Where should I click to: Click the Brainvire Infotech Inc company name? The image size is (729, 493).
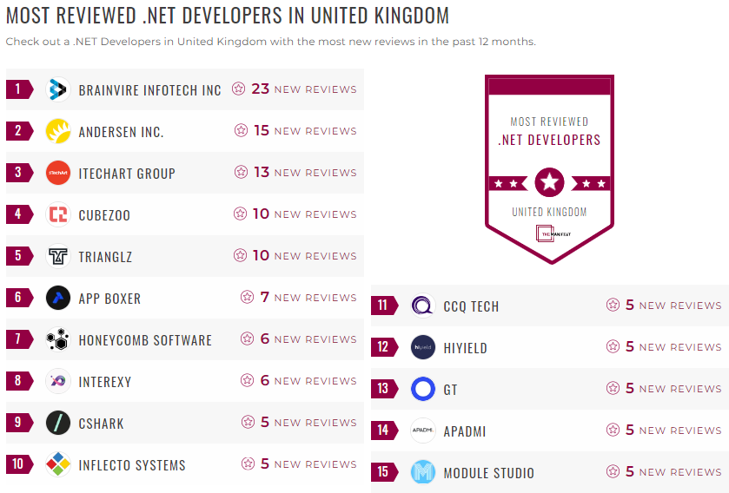(x=149, y=89)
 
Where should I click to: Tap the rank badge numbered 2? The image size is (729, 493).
(x=18, y=131)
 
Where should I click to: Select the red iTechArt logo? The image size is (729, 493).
(x=58, y=173)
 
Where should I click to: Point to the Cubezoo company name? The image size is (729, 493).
(x=104, y=214)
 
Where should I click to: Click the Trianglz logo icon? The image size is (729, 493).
(x=58, y=256)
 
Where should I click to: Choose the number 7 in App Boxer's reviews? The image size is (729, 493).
(x=265, y=298)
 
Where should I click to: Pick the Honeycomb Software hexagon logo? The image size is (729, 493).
(x=58, y=339)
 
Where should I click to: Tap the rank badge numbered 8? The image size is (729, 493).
(x=18, y=381)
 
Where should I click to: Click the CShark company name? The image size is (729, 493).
(x=101, y=423)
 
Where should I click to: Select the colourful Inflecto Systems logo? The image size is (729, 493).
(x=58, y=464)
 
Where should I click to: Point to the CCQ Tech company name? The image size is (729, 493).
(x=471, y=306)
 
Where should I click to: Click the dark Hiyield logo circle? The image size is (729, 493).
(x=423, y=347)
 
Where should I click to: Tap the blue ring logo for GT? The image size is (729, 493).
(x=423, y=389)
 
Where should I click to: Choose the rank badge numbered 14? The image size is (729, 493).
(x=383, y=431)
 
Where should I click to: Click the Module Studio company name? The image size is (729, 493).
(x=488, y=473)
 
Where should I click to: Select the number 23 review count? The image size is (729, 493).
(x=261, y=89)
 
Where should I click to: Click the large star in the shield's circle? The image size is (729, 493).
(x=549, y=182)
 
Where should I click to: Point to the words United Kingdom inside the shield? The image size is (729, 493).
(x=549, y=212)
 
